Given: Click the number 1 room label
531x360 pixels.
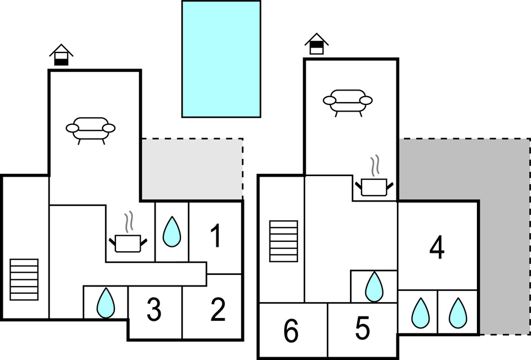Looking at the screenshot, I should pos(216,236).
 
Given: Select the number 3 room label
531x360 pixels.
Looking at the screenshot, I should pos(154,310).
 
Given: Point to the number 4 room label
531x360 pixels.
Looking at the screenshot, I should pos(437,248).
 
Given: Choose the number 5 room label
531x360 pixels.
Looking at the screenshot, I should pos(362,329).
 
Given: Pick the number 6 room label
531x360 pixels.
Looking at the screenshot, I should pos(291,332).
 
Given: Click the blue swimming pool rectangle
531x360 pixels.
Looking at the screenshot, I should pos(221,59).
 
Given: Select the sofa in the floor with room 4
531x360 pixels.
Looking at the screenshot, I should pos(347,102).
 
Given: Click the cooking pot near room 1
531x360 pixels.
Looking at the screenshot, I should pos(129,238).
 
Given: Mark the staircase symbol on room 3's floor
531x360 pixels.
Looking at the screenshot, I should pos(24,279).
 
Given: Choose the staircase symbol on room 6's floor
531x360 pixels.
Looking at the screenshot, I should pos(284,241).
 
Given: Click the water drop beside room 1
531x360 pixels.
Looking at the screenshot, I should pos(172,232).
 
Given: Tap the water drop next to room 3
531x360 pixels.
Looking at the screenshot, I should pos(105,303).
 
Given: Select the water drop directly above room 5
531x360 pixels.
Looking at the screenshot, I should pos(374,286).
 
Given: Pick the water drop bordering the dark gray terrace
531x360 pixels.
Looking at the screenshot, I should pos(458,313).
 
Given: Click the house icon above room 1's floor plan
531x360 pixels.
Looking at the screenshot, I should pos(61,55).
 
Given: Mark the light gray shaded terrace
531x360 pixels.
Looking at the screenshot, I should pos(192,168).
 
